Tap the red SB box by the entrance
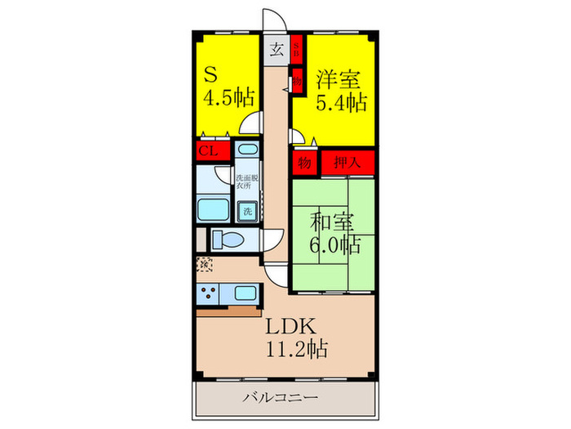click(299, 48)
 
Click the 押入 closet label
click(347, 162)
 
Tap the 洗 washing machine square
click(246, 211)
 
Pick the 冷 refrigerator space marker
click(206, 264)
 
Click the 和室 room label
click(334, 221)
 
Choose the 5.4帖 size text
click(341, 104)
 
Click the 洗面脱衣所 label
click(246, 181)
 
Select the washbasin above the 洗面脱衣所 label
click(246, 153)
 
